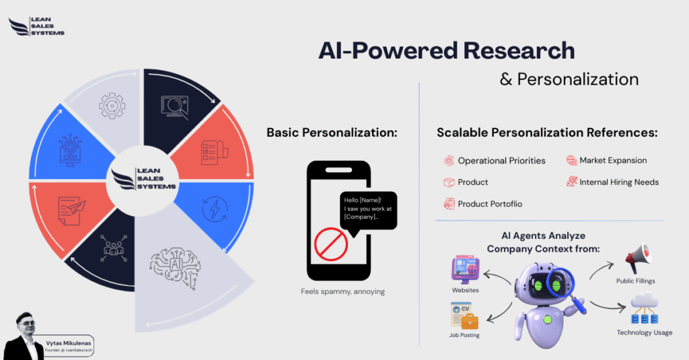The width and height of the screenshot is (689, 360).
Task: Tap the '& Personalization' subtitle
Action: (x=569, y=79)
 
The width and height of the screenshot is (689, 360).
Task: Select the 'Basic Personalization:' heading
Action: (x=332, y=133)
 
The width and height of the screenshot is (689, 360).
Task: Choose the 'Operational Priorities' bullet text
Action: (x=501, y=161)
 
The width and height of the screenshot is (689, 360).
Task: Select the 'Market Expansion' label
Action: (x=613, y=161)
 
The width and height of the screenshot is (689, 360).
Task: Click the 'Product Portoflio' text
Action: (x=490, y=204)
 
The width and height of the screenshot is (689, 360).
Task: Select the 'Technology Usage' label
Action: (x=644, y=332)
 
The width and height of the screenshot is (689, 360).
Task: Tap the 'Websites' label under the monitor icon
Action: (x=466, y=290)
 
